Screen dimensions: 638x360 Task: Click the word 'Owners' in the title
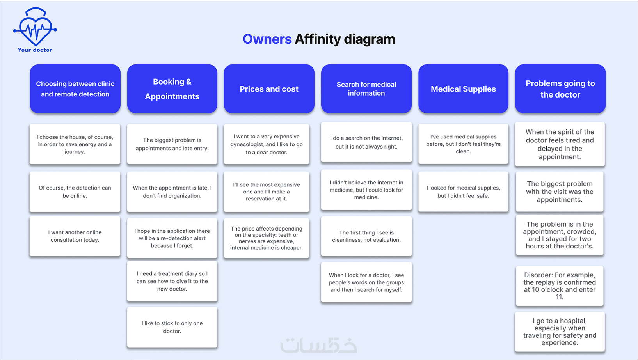pos(267,39)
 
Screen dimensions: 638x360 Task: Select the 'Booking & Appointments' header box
pos(172,89)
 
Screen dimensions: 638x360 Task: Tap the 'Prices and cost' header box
pos(269,89)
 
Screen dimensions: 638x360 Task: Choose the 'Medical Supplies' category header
pos(463,89)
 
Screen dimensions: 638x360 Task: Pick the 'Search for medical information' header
pos(366,89)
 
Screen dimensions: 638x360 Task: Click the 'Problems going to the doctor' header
pos(560,89)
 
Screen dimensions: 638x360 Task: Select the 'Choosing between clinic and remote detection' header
pos(75,89)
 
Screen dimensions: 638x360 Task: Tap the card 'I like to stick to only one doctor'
pos(172,327)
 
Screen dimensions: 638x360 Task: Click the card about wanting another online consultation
pos(75,236)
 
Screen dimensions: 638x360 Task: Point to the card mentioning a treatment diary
pos(172,281)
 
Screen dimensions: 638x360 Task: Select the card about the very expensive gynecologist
pos(266,144)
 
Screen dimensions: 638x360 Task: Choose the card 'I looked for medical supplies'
pos(463,192)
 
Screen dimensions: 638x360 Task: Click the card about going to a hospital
pos(560,332)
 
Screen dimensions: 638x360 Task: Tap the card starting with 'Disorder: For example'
pos(560,286)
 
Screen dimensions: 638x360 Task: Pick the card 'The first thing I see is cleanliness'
pos(366,236)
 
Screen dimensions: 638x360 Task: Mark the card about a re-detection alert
pos(172,238)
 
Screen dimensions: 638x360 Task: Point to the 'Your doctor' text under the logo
pos(35,50)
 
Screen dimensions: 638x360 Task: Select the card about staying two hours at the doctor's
pos(560,235)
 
